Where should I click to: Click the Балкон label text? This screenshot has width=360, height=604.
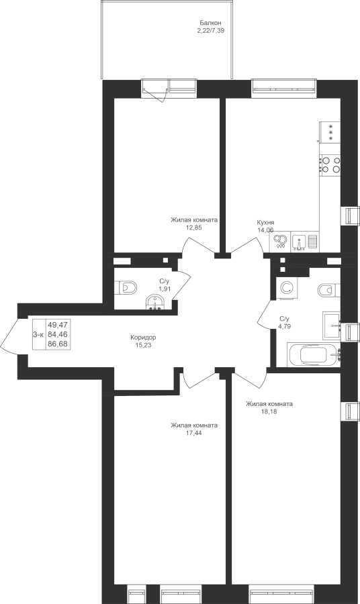point(210,23)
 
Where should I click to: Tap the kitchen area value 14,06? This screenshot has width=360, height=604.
point(265,230)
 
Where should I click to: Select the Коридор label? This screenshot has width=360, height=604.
point(143,338)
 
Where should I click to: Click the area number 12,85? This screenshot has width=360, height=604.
point(194,228)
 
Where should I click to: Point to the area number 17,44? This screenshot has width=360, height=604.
point(194,433)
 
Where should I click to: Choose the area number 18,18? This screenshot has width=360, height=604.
point(269,411)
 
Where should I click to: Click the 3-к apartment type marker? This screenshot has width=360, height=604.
point(38,335)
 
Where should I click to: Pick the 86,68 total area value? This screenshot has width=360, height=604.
point(57,344)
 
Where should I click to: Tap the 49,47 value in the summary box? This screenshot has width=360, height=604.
point(57,325)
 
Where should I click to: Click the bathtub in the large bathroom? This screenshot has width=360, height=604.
point(314,355)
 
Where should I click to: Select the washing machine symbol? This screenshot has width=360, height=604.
point(286,287)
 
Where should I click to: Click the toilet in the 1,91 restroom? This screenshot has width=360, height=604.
point(126,287)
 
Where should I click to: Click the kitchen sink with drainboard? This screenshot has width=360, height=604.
point(306,242)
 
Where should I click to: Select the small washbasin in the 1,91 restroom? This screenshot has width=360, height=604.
point(155,302)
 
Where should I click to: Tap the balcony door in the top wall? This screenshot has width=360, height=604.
point(155,90)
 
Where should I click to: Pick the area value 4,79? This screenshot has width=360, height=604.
point(285,326)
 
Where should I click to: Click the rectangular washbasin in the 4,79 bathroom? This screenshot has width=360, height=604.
point(332,325)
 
